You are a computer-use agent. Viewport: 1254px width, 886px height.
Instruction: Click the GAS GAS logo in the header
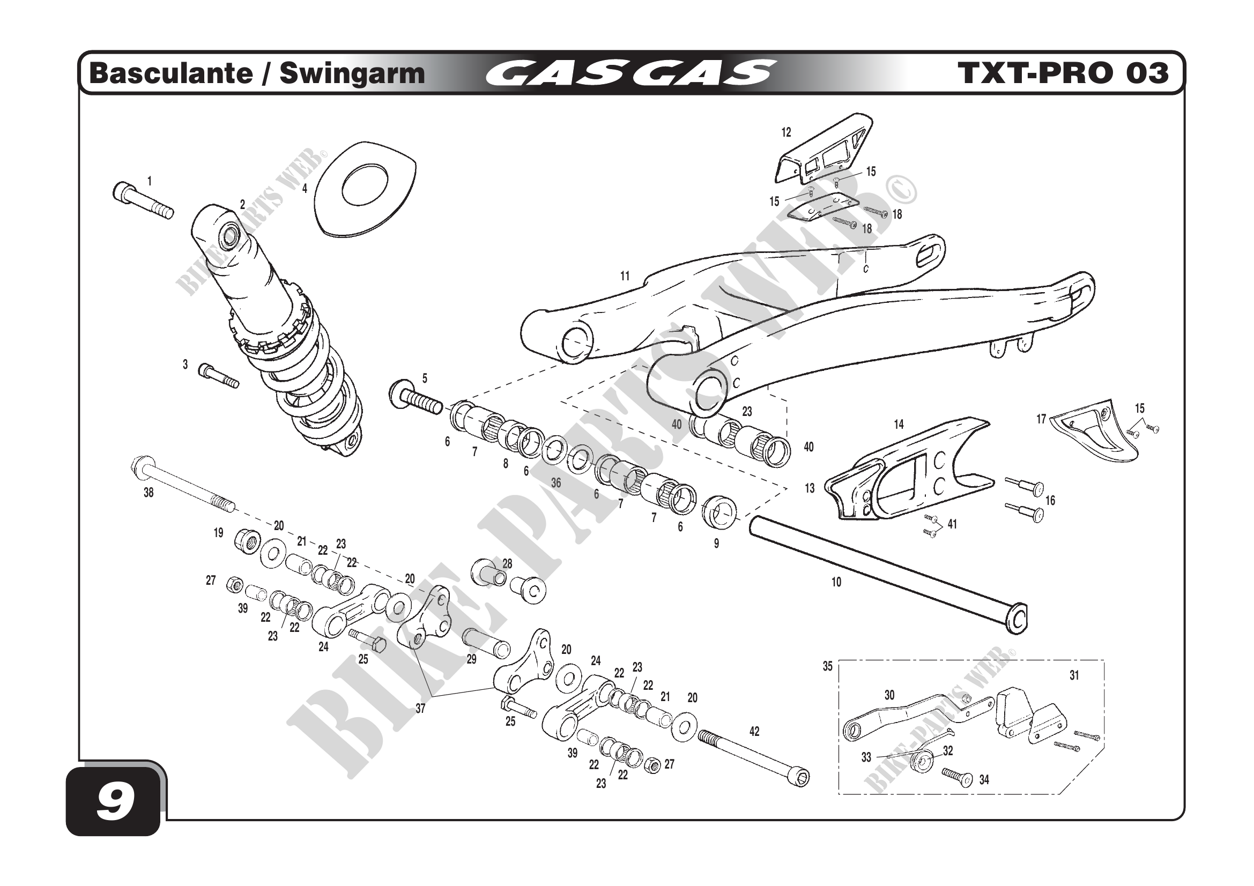tap(629, 73)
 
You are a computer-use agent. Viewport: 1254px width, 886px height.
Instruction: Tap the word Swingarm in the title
tap(352, 73)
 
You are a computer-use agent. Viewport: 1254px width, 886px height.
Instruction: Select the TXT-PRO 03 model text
tap(1062, 73)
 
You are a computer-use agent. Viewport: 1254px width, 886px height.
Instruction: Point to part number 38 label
tap(149, 493)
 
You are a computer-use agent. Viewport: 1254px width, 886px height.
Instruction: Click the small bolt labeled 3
tap(218, 375)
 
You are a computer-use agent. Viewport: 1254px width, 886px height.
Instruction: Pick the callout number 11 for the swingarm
tap(625, 276)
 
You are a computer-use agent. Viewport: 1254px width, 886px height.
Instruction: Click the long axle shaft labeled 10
tap(885, 573)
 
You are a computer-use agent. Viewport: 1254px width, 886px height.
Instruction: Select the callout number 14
tap(899, 424)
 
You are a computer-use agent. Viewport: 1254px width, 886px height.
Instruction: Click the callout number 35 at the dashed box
tap(827, 666)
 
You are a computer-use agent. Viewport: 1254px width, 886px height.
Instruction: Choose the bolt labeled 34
tap(959, 777)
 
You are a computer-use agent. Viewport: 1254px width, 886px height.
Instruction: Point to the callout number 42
tap(754, 732)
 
